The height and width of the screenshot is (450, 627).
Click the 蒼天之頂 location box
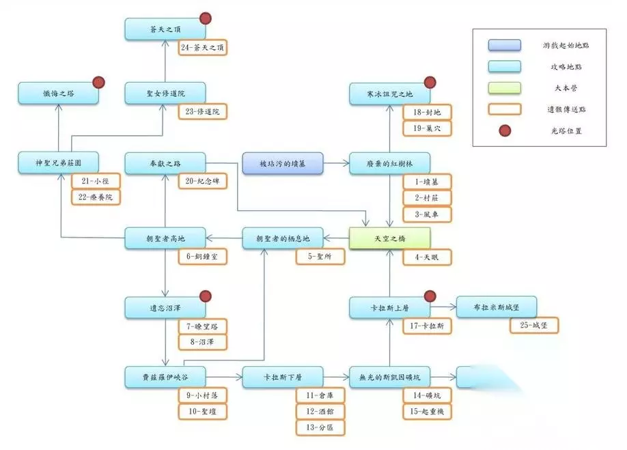click(x=165, y=29)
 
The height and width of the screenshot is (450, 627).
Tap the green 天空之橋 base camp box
click(x=389, y=238)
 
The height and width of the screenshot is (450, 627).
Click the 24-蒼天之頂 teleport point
click(x=203, y=48)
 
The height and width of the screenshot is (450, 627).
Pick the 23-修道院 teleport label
click(x=203, y=111)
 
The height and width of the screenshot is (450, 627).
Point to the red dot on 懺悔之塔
click(x=98, y=82)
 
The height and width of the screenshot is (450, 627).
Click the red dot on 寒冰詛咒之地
click(x=430, y=82)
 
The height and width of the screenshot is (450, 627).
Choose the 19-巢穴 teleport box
click(x=427, y=128)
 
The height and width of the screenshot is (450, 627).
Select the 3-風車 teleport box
click(x=427, y=215)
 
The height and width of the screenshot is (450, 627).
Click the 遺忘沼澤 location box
click(x=165, y=308)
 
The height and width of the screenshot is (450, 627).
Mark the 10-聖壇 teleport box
click(x=203, y=412)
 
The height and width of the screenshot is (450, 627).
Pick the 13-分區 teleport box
click(x=320, y=428)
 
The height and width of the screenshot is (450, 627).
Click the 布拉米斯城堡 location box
click(x=496, y=307)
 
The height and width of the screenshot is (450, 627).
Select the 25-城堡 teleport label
click(x=533, y=326)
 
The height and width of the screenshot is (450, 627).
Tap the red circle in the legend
click(x=504, y=130)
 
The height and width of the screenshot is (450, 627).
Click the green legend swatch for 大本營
click(x=504, y=87)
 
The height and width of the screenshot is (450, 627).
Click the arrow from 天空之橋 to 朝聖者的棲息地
click(x=336, y=238)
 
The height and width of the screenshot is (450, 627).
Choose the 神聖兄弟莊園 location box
click(x=59, y=164)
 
